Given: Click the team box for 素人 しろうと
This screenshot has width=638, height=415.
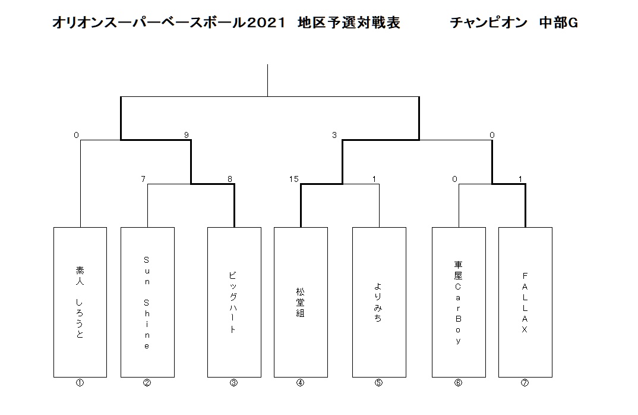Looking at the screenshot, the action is click(80, 302).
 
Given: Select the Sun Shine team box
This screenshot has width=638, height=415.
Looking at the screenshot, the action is click(147, 302).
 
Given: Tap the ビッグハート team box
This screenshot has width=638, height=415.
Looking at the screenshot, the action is click(234, 302).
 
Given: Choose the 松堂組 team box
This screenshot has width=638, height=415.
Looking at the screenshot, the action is click(301, 302).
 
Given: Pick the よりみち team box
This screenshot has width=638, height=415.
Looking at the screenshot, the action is click(379, 302).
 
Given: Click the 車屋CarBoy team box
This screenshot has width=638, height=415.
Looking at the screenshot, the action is click(459, 302).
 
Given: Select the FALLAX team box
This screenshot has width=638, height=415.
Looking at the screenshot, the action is click(525, 302).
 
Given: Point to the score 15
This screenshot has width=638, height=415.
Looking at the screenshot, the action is click(294, 179).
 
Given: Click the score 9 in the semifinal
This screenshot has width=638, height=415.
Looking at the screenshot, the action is click(187, 135).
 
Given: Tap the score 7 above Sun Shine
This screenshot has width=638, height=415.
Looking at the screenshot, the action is click(143, 179).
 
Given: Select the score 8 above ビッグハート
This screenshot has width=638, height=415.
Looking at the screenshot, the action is click(230, 179).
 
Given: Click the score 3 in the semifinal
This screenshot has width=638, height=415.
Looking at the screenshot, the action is click(334, 135).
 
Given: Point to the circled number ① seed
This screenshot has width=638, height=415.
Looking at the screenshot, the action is click(80, 383).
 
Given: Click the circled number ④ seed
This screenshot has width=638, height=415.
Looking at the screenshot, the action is click(300, 383).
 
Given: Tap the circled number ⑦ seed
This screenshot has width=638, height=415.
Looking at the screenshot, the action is click(525, 383).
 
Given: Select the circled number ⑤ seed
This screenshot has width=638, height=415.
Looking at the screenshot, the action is click(379, 383).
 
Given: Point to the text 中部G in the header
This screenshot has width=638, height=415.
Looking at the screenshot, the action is click(558, 23).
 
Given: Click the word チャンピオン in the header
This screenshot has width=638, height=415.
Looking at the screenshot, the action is click(489, 23).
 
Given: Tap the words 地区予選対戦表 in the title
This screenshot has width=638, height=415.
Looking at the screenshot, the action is click(349, 23).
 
